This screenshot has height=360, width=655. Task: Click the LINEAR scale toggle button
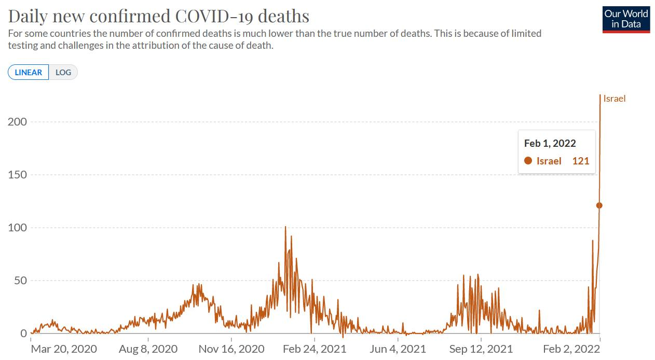click(x=29, y=72)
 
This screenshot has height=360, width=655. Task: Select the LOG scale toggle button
click(x=63, y=72)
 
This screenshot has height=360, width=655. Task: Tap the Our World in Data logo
click(x=626, y=20)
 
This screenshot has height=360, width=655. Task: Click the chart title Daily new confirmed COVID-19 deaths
click(x=159, y=16)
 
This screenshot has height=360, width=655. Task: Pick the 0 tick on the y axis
click(x=23, y=334)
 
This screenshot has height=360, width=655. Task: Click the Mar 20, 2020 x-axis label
click(x=64, y=349)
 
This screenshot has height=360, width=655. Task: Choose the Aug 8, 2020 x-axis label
click(x=148, y=349)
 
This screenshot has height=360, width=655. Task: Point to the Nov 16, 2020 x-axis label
click(x=231, y=349)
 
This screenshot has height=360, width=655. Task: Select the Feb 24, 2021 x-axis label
click(x=314, y=349)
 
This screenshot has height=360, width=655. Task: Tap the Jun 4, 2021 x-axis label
click(x=398, y=349)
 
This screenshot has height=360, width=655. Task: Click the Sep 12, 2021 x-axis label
click(x=481, y=349)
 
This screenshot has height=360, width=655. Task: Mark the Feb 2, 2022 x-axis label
click(x=571, y=349)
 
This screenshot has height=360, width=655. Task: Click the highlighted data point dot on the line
click(x=599, y=205)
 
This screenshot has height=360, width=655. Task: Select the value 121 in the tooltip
click(x=581, y=161)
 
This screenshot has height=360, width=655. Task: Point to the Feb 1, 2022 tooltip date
click(x=550, y=144)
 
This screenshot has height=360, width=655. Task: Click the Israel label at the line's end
click(x=615, y=99)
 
